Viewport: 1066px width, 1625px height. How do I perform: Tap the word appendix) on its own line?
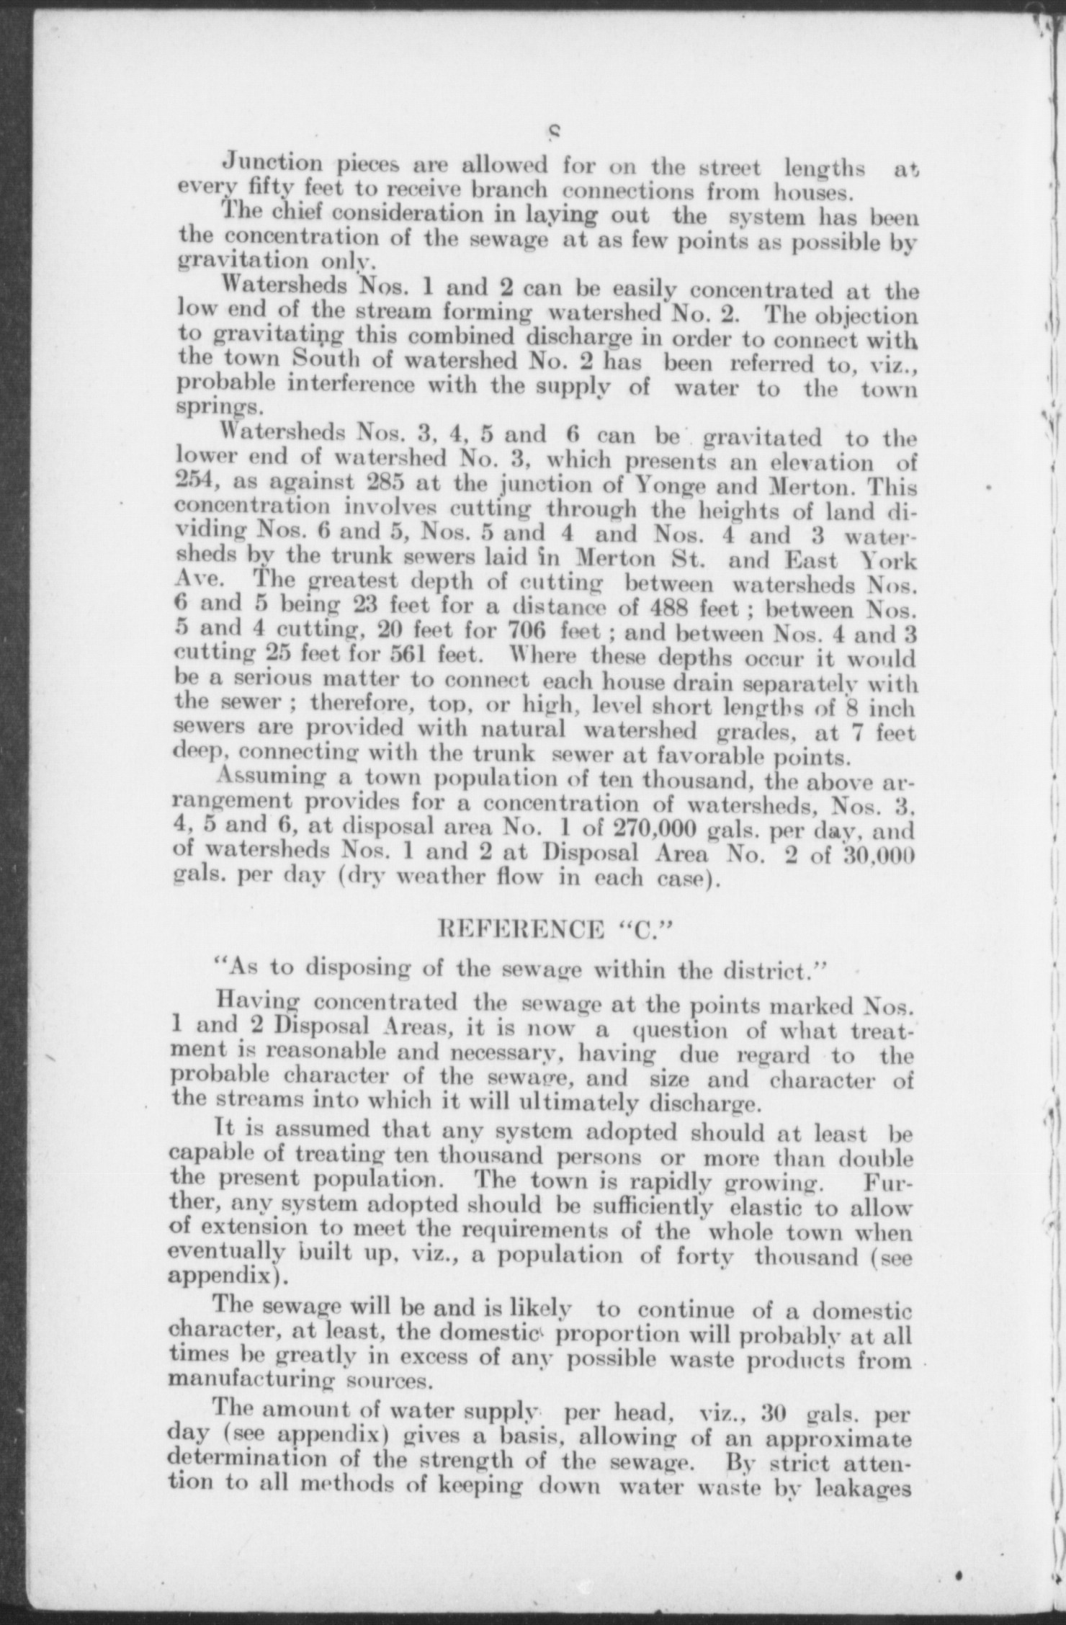click(220, 1278)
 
